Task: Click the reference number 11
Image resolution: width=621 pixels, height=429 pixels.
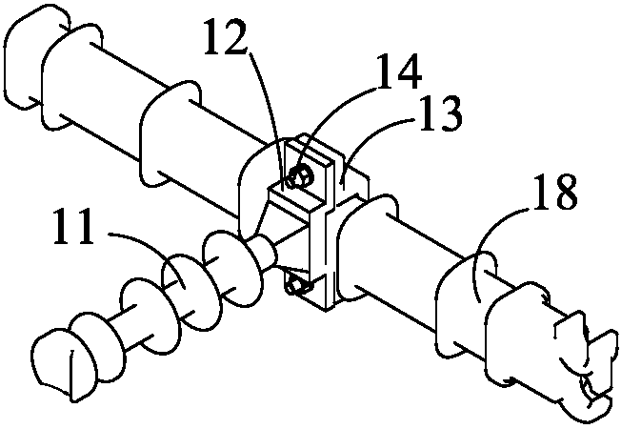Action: [73, 227]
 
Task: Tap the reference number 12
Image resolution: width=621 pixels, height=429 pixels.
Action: [225, 38]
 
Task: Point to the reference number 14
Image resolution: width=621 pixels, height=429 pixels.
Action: [398, 71]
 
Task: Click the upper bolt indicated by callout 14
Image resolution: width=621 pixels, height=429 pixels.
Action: [299, 176]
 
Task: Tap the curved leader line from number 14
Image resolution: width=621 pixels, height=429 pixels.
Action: [332, 115]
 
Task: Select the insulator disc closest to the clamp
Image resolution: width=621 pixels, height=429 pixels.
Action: [232, 270]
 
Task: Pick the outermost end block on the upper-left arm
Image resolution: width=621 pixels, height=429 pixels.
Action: [36, 59]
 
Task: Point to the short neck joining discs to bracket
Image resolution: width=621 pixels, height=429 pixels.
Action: [266, 254]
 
